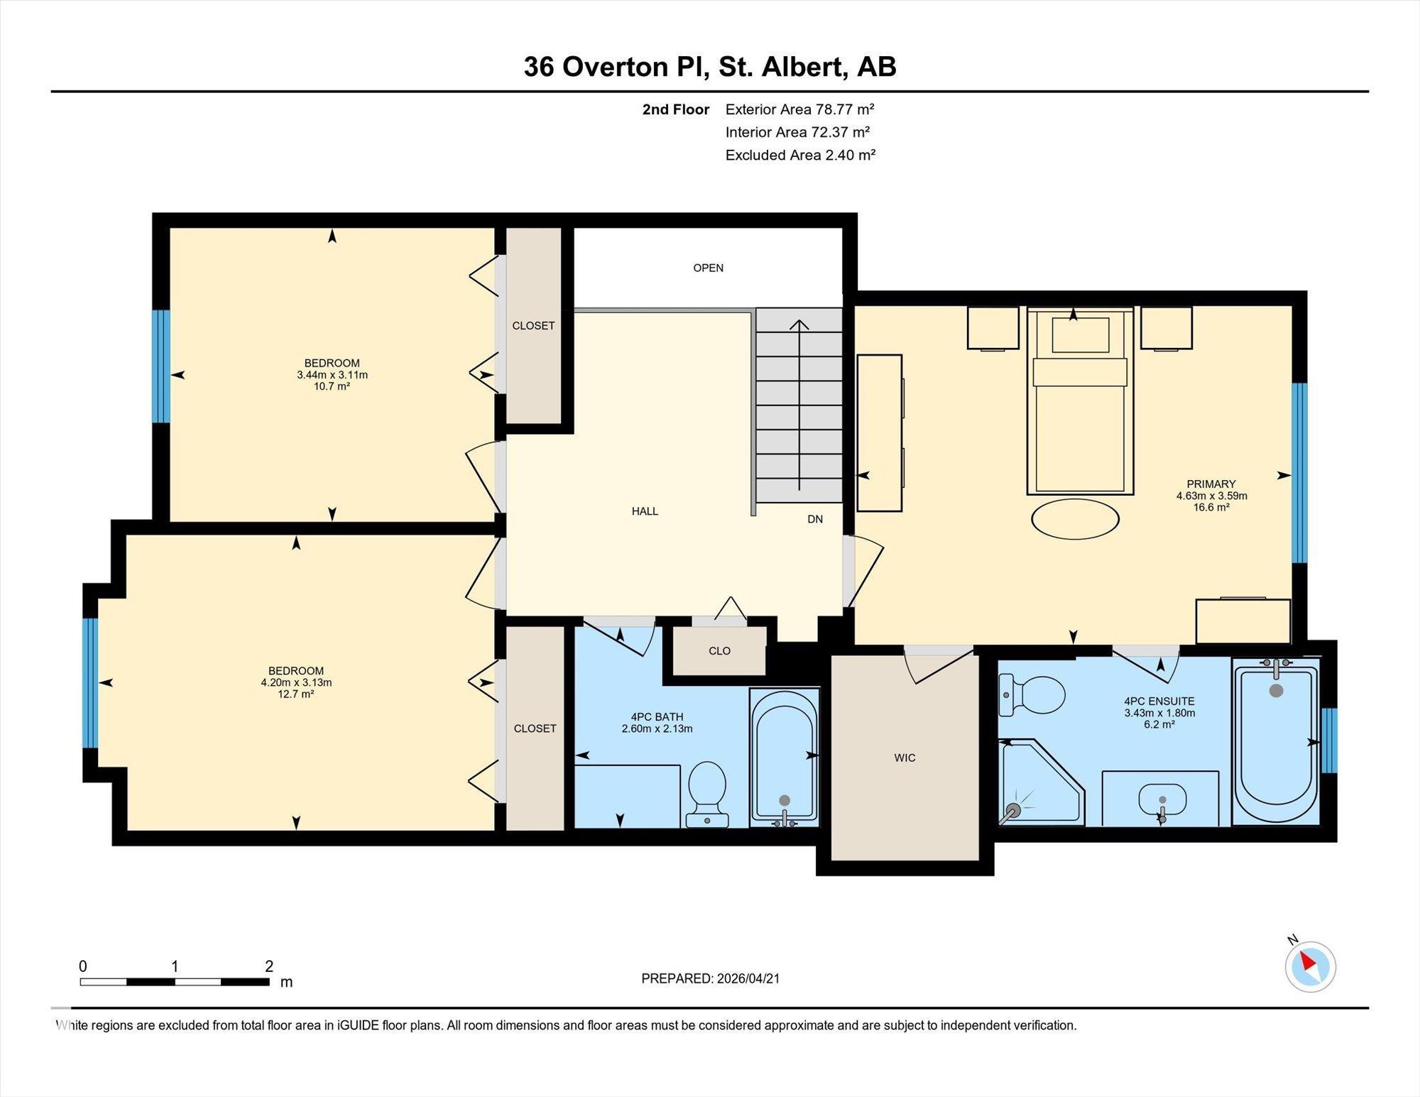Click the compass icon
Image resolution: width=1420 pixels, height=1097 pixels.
(x=1310, y=966)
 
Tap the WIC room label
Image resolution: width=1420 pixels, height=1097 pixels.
(x=905, y=758)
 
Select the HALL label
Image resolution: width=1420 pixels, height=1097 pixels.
(x=645, y=511)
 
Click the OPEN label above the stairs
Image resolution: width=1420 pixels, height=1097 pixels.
(x=708, y=268)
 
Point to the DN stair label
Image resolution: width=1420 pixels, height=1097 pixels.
(x=815, y=519)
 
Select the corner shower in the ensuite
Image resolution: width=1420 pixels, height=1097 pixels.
(x=1042, y=782)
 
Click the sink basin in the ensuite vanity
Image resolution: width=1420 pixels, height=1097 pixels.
(x=1162, y=800)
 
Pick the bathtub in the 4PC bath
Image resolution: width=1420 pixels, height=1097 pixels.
(x=785, y=758)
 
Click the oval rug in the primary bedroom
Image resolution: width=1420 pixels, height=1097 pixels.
(x=1075, y=519)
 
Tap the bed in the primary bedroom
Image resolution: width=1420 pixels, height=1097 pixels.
(x=1080, y=401)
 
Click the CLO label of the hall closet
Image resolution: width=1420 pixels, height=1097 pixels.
(x=719, y=651)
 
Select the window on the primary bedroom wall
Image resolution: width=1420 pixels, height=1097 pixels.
(x=1299, y=473)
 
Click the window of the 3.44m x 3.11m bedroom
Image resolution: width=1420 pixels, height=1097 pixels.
(x=162, y=366)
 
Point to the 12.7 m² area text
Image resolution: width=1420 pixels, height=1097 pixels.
(x=296, y=694)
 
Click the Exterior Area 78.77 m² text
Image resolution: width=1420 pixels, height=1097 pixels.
(x=800, y=109)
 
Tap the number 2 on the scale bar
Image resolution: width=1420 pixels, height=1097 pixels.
(x=269, y=966)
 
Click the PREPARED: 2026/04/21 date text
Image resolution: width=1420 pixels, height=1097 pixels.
(x=711, y=978)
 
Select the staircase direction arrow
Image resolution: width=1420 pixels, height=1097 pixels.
(x=799, y=405)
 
